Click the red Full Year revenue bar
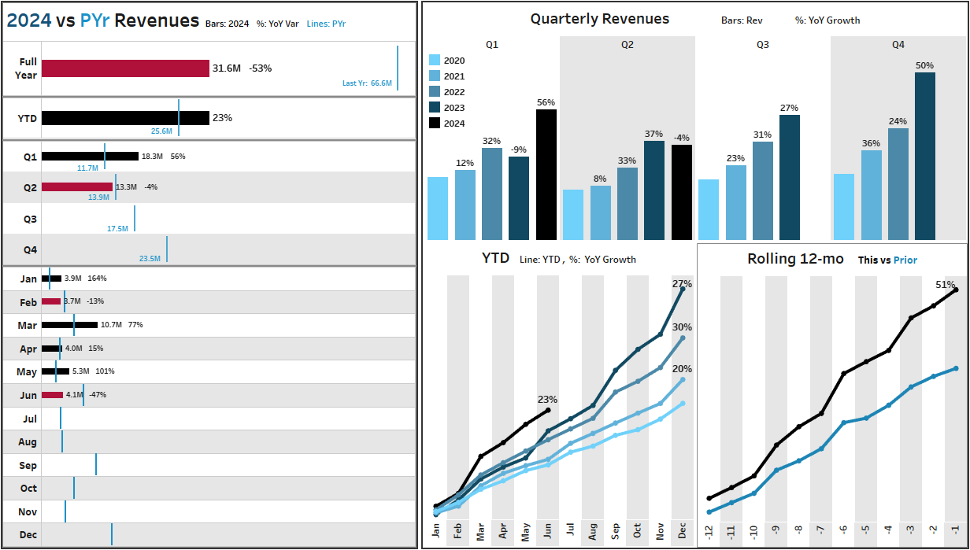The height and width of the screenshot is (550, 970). pos(125,68)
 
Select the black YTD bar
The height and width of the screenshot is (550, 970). pos(125,118)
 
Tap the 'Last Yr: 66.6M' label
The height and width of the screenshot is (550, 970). pos(367,83)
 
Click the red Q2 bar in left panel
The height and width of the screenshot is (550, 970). pos(77,187)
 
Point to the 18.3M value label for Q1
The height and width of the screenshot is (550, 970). pos(152,157)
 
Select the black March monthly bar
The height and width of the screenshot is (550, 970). pos(69,324)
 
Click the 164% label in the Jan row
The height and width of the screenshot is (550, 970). pos(97,279)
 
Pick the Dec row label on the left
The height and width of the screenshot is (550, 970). pos(28,535)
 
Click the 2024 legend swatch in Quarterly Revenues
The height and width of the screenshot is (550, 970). pos(435,123)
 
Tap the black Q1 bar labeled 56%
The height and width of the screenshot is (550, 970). pos(546,174)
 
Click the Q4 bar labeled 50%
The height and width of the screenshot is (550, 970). pos(924,156)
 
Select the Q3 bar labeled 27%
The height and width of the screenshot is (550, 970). pos(790,177)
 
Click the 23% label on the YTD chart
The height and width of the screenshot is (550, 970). pos(547,399)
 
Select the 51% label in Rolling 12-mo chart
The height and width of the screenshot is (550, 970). pos(946,284)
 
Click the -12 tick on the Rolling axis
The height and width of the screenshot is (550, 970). pos(709,533)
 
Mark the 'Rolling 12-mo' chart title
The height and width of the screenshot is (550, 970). pos(797,259)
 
